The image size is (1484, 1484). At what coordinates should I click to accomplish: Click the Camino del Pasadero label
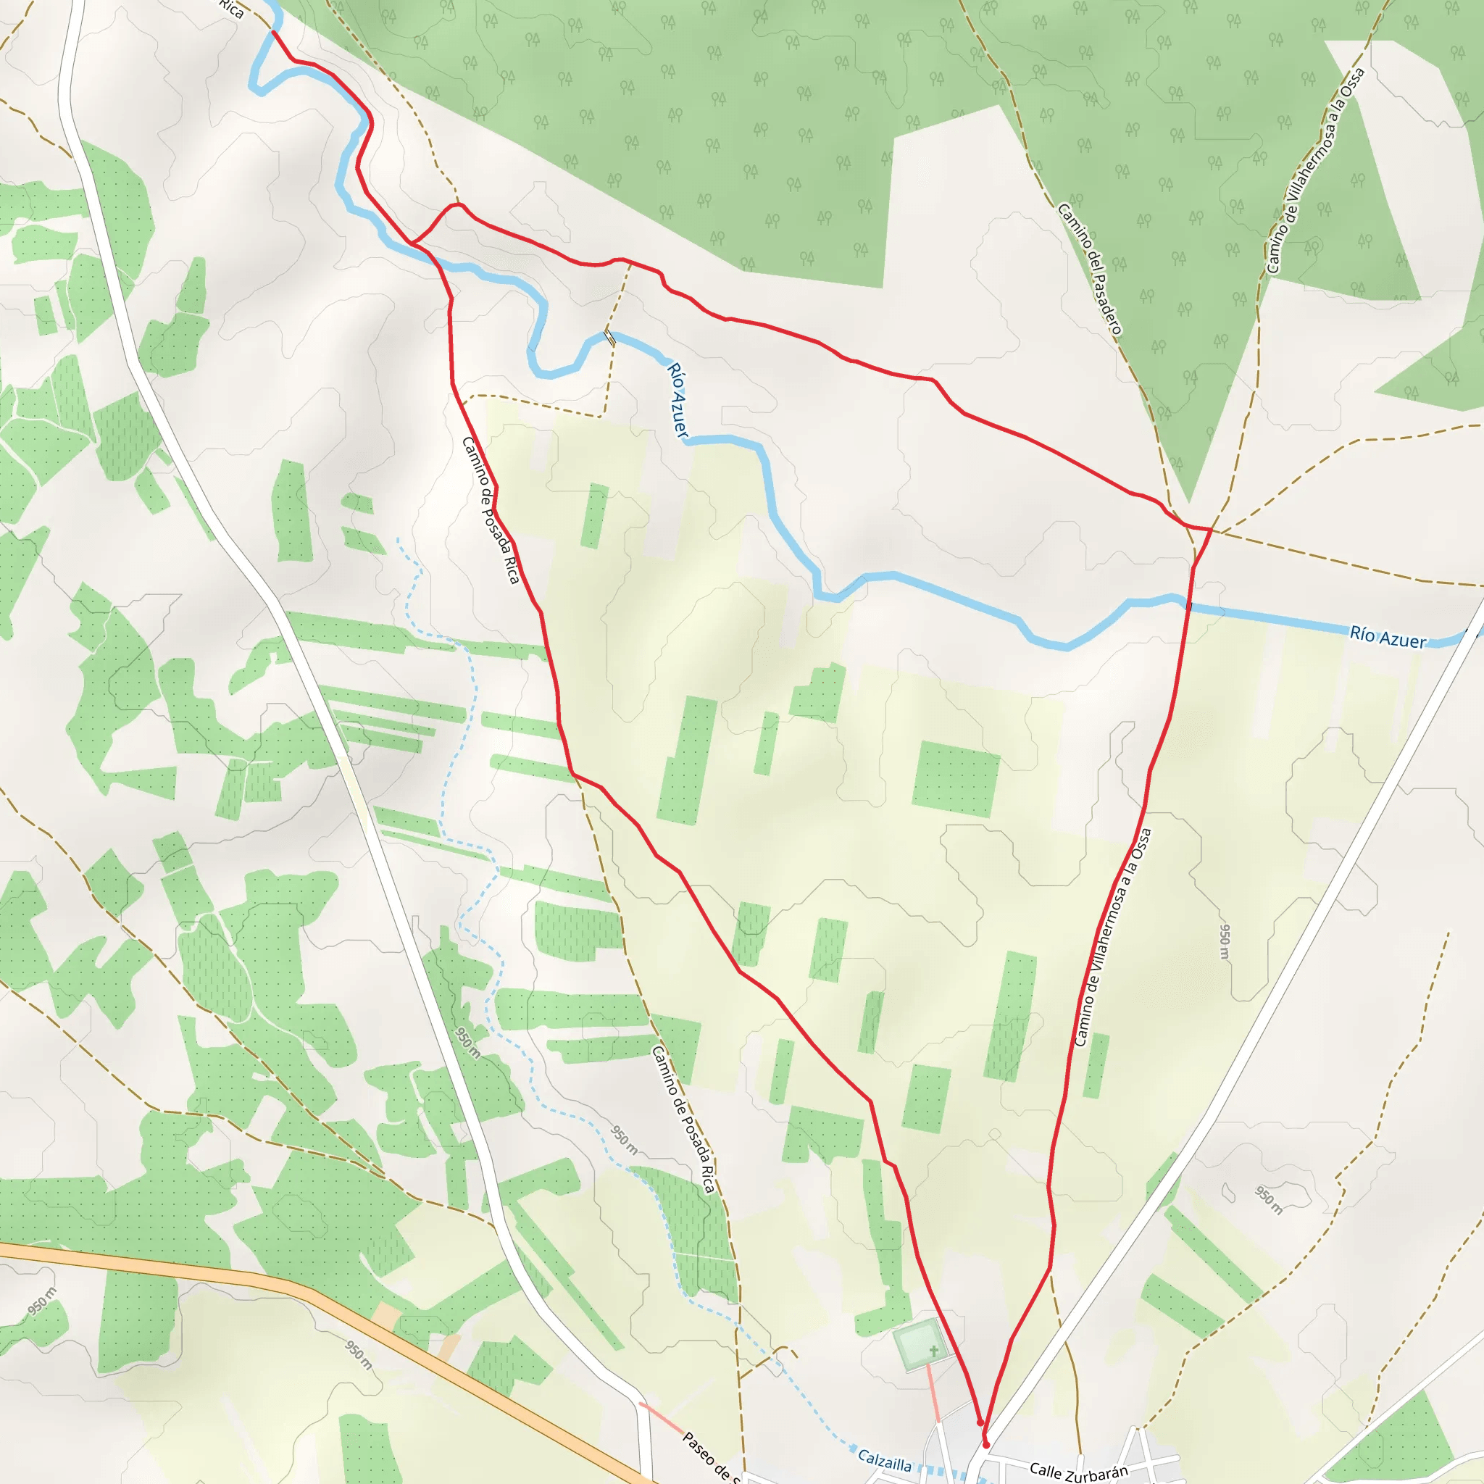point(1090,270)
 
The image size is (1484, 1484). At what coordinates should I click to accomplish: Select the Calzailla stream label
point(884,1459)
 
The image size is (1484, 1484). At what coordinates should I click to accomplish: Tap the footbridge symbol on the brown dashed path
point(609,336)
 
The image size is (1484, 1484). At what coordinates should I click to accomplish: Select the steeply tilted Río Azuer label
point(677,401)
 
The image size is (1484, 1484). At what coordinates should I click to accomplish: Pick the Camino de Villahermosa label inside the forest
point(1317,170)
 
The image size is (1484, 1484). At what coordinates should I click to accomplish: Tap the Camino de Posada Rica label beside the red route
point(491,510)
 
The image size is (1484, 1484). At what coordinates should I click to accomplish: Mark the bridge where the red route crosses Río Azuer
point(1188,606)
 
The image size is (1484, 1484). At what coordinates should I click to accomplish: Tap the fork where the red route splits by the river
point(412,243)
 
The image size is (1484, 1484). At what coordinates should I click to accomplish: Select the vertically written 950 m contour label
point(1225,941)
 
